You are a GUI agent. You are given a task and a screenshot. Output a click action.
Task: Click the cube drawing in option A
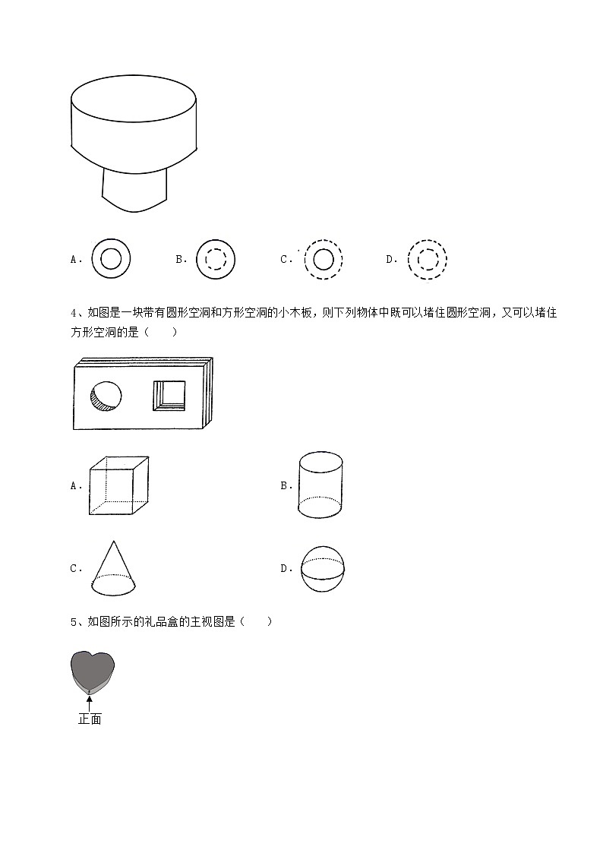(118, 486)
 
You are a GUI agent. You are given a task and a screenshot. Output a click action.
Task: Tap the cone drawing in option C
(115, 569)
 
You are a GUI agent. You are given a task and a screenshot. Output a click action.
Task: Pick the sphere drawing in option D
(323, 568)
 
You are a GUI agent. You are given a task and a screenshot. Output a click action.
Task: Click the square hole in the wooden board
(171, 395)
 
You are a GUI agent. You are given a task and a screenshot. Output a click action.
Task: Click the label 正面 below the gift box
(90, 719)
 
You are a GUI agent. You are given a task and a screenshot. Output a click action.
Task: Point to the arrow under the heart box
(90, 703)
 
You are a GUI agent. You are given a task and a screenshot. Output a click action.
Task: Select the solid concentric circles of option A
(111, 259)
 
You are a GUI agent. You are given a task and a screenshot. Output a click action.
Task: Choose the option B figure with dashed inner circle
(216, 259)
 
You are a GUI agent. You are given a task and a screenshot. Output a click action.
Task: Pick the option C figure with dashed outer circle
(323, 259)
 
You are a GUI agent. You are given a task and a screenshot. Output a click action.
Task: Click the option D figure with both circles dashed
(426, 259)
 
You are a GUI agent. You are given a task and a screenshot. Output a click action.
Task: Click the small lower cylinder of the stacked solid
(135, 190)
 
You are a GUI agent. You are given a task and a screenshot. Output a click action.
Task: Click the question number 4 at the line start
(74, 313)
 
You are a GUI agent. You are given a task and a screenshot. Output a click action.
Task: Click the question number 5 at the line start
(74, 621)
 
